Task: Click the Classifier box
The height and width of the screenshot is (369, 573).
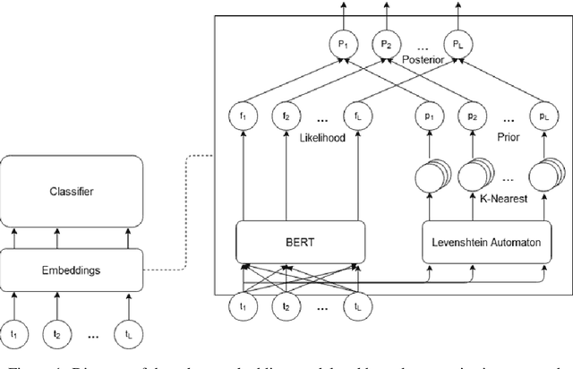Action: coord(73,191)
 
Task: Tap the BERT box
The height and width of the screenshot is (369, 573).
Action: coord(301,241)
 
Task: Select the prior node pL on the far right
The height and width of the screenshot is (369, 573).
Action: coord(539,116)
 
